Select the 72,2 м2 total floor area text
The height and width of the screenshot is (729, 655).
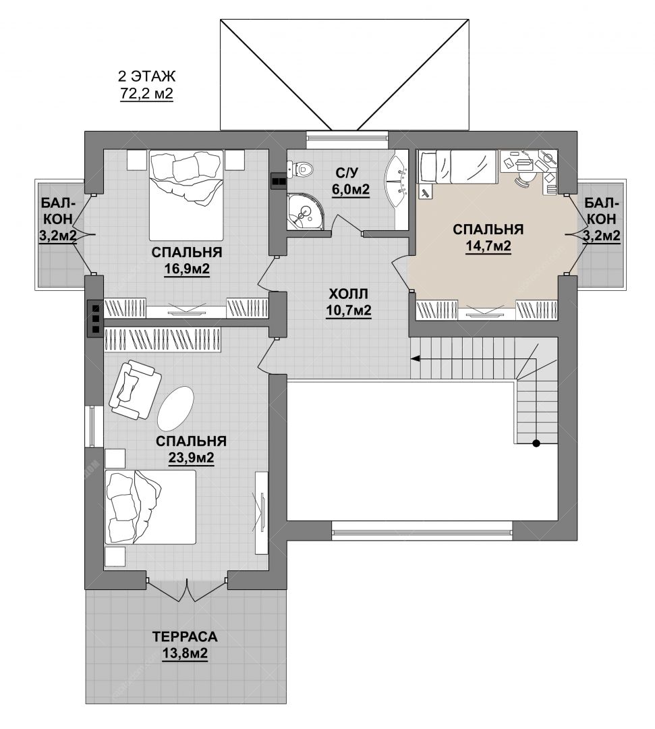point(147,93)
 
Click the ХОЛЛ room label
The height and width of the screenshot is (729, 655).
point(348,294)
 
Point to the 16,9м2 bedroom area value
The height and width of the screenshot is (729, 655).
point(187,269)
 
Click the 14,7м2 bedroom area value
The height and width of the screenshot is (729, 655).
point(488,246)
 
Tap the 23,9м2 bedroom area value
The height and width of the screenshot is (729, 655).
point(191,458)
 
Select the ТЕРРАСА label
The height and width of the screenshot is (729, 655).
point(185,637)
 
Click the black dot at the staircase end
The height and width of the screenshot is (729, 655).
point(536,443)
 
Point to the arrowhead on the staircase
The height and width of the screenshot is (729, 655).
point(415,358)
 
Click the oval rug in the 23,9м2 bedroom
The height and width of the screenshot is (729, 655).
point(175,408)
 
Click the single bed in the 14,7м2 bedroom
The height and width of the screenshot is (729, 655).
point(459,166)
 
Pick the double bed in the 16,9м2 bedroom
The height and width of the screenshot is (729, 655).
point(186,195)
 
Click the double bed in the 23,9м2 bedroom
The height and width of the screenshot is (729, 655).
point(150,507)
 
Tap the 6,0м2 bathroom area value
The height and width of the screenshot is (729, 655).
point(351,190)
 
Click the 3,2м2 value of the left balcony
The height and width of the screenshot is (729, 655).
point(57,236)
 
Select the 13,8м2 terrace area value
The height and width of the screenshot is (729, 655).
point(185,653)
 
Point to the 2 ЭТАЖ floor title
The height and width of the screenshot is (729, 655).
point(147,76)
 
